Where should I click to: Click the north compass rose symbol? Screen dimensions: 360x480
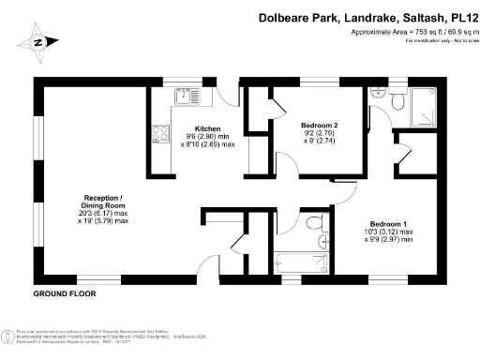click(x=38, y=41)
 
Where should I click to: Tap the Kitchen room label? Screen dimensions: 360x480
click(x=207, y=128)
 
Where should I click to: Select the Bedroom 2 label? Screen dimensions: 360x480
click(x=319, y=125)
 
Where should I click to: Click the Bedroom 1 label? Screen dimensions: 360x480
click(x=386, y=223)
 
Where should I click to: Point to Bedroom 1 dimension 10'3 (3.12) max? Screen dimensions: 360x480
click(x=391, y=232)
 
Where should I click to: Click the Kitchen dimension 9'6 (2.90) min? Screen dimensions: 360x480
click(x=208, y=138)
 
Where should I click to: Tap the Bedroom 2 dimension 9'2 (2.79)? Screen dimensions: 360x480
click(x=319, y=134)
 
